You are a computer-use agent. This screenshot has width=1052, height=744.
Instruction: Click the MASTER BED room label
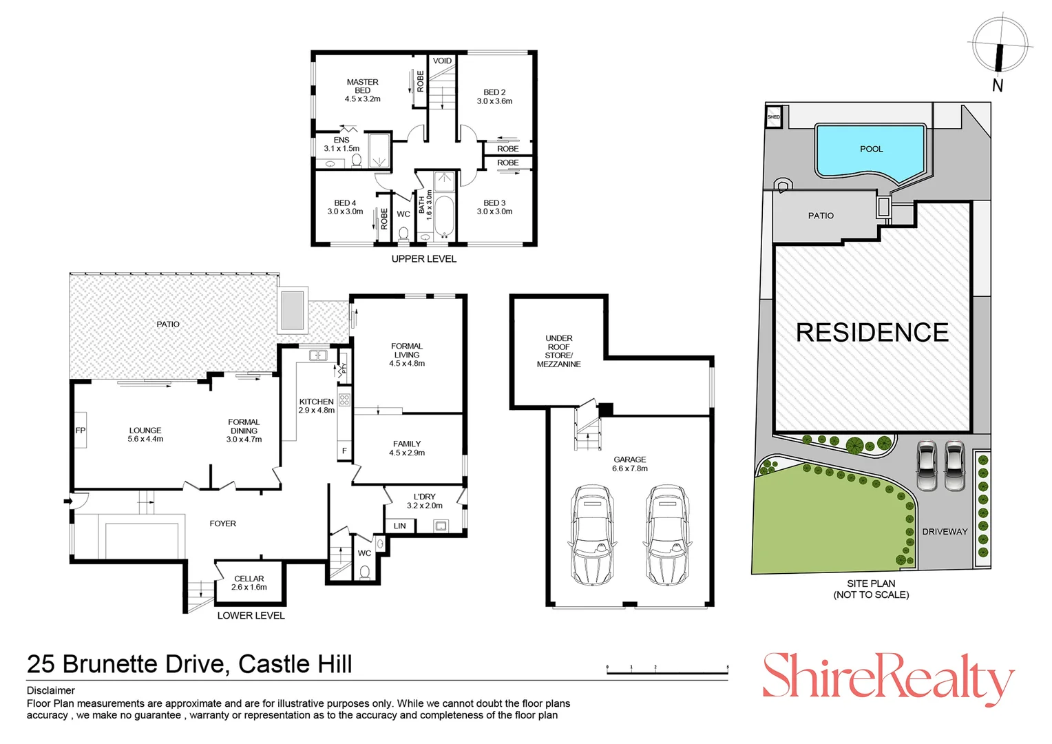tap(362, 90)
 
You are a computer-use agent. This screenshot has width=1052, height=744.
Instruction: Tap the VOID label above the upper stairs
tap(442, 61)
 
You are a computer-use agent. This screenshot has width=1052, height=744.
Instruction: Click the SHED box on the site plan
tap(773, 116)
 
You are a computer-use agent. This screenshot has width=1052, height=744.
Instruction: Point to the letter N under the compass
tap(998, 85)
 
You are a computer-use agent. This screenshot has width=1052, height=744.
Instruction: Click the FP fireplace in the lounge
tap(81, 430)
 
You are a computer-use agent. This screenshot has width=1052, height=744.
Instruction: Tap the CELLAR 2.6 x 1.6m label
tap(249, 583)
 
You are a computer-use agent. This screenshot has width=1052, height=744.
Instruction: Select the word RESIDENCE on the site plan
tap(872, 333)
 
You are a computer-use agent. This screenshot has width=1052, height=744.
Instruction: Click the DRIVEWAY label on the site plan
tap(945, 532)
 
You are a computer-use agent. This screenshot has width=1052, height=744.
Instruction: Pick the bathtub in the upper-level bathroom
tap(444, 216)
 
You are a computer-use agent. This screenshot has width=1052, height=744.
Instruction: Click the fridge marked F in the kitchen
tap(344, 451)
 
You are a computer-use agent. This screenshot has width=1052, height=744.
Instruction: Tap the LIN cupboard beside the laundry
tap(400, 526)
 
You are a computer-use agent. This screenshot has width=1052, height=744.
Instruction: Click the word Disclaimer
tap(51, 690)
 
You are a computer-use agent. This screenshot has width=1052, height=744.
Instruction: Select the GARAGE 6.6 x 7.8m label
tap(629, 464)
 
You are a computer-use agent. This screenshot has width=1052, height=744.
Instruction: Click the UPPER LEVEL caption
tap(423, 259)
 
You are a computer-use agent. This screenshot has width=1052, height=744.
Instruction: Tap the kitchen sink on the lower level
tap(318, 355)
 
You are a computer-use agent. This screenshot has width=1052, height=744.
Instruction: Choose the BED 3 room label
tap(494, 207)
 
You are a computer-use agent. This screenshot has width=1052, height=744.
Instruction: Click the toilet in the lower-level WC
tap(364, 572)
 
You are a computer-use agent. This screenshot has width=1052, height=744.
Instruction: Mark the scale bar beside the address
tap(667, 671)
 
